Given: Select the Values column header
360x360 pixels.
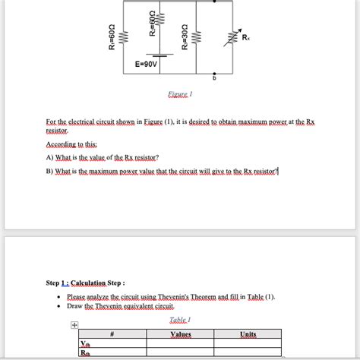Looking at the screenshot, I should (180, 333).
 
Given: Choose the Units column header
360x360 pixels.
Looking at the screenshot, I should (248, 333).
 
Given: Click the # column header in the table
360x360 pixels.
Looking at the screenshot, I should (112, 333).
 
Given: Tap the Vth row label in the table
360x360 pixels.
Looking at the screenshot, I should (84, 343).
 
